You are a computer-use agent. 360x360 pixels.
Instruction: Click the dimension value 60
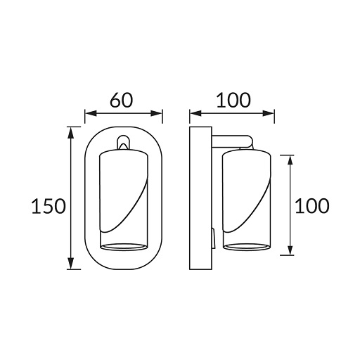coord(122,101)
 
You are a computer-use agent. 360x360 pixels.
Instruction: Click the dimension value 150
coord(49,206)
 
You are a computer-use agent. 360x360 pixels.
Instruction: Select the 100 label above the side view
coord(233,101)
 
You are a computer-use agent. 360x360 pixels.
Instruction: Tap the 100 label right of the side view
coord(312,205)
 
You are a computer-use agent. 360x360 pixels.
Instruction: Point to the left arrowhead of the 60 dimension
coord(91,113)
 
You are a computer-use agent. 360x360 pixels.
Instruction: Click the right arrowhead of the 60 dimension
coord(156,113)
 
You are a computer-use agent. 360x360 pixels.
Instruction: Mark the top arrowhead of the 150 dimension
coord(71,133)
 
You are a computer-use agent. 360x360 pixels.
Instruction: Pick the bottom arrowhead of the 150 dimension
coord(71,263)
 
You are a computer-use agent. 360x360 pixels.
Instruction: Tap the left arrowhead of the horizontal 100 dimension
coord(195,113)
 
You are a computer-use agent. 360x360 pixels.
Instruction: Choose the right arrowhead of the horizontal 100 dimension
coord(268,113)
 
